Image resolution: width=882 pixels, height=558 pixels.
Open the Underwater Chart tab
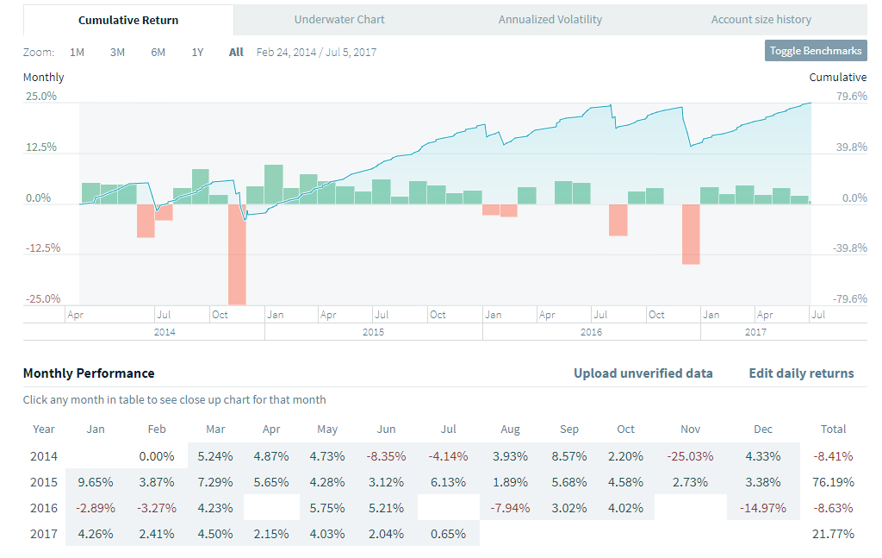339,19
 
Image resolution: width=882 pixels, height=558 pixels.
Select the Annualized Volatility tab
550,19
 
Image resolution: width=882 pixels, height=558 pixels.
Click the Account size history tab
761,19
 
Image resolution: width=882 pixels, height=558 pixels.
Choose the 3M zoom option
117,52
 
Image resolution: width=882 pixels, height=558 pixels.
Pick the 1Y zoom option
197,52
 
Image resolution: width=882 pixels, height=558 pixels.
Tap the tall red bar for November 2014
237,254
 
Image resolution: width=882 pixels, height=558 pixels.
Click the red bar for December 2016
691,234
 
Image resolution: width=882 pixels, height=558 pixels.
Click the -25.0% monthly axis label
41,298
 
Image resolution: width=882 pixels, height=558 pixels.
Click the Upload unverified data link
643,373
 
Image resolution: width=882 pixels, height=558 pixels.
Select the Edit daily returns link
801,373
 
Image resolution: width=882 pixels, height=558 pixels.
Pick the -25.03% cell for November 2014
691,455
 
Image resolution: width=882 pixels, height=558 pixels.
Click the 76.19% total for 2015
834,481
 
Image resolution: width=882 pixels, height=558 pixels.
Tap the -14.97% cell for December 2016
763,507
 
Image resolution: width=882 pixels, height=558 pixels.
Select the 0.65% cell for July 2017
448,533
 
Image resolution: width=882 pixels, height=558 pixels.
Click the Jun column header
386,429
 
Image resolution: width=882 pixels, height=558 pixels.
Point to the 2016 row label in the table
44,507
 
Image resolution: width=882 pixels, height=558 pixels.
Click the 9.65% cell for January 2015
96,481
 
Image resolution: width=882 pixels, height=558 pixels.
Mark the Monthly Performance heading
89,373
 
